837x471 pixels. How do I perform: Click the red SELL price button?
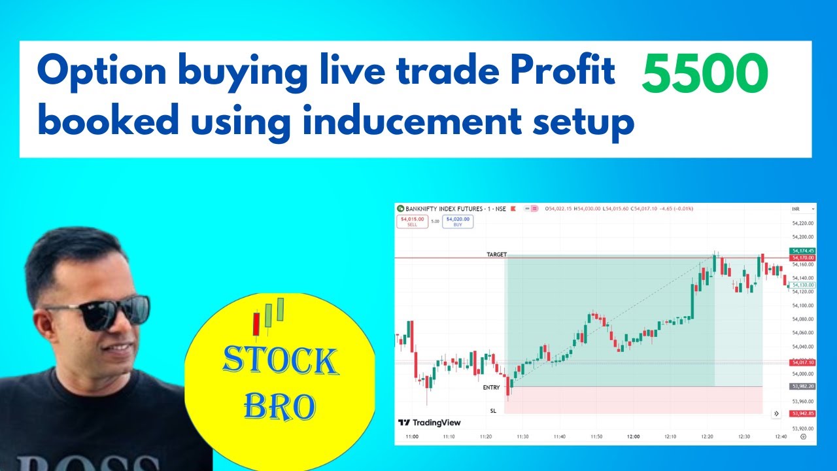click(412, 222)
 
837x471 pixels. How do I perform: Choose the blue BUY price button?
click(458, 222)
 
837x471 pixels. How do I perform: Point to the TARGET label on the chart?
click(496, 254)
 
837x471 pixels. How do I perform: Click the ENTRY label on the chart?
click(491, 388)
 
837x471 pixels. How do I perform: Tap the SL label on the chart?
click(494, 411)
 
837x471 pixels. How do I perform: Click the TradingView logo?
click(430, 423)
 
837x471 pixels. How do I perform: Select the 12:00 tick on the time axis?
click(633, 436)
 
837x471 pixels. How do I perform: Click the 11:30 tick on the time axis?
click(522, 436)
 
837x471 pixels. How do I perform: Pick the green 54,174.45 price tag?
click(802, 251)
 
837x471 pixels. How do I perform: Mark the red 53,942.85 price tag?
click(802, 413)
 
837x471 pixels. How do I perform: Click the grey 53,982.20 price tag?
click(802, 386)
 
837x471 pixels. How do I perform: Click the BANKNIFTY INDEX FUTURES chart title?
click(444, 209)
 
